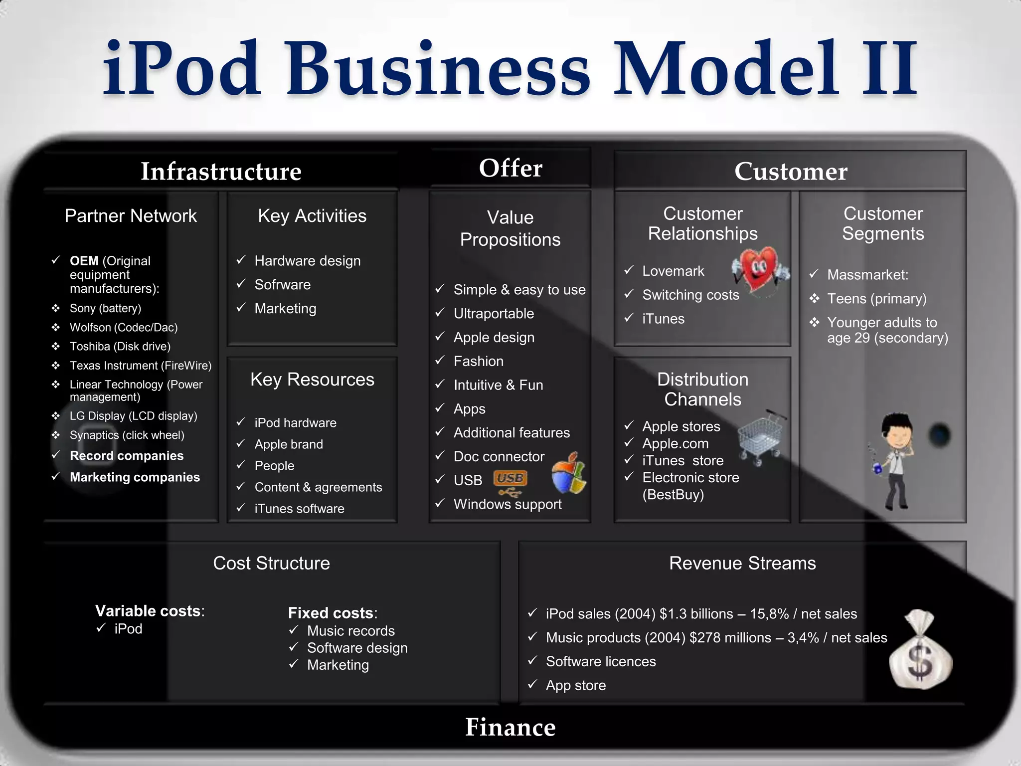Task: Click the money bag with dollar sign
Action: pyautogui.click(x=920, y=650)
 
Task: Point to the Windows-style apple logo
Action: pyautogui.click(x=569, y=473)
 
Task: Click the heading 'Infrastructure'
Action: pyautogui.click(x=221, y=172)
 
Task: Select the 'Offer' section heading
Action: pyautogui.click(x=510, y=168)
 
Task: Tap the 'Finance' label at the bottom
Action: pyautogui.click(x=510, y=727)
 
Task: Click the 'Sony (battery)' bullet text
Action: pyautogui.click(x=105, y=308)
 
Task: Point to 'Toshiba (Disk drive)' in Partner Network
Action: pyautogui.click(x=120, y=347)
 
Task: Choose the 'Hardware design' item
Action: pyautogui.click(x=307, y=261)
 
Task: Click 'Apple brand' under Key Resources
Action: pyautogui.click(x=289, y=444)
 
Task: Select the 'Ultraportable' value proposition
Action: pyautogui.click(x=494, y=314)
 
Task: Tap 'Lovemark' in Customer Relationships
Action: pyautogui.click(x=673, y=271)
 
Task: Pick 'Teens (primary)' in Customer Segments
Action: pyautogui.click(x=876, y=299)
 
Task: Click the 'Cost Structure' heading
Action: pyautogui.click(x=271, y=563)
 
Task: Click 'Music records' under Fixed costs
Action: pyautogui.click(x=350, y=631)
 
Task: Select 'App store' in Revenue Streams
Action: pyautogui.click(x=575, y=686)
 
